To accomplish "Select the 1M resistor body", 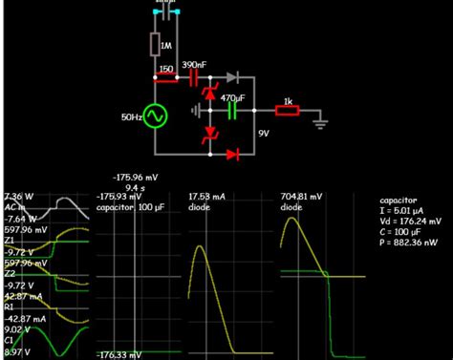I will [155, 45].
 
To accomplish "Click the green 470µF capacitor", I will [230, 111].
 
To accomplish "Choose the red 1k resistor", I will [287, 111].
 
